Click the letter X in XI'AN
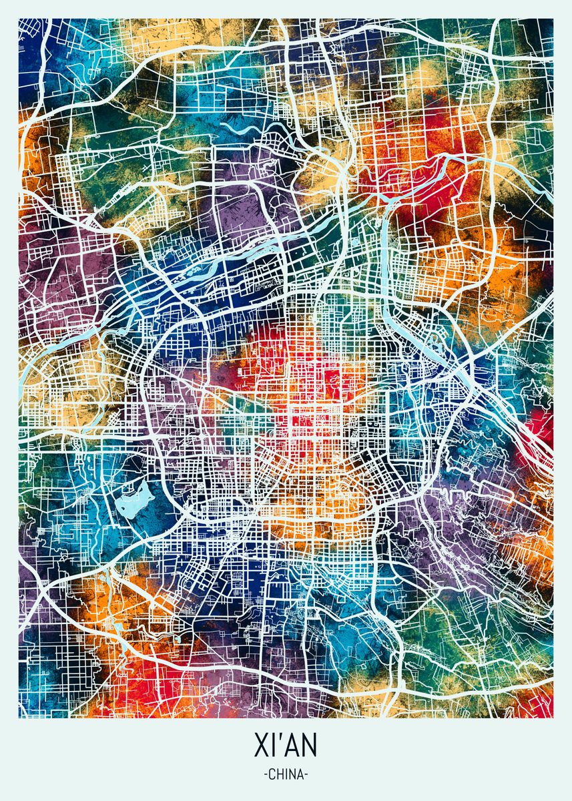tap(261, 745)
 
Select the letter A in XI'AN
tap(292, 745)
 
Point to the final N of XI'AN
tap(310, 745)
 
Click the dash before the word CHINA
tap(266, 776)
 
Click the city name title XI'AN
tap(286, 745)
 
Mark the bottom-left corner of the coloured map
tap(19, 718)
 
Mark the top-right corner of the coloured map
tap(553, 19)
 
